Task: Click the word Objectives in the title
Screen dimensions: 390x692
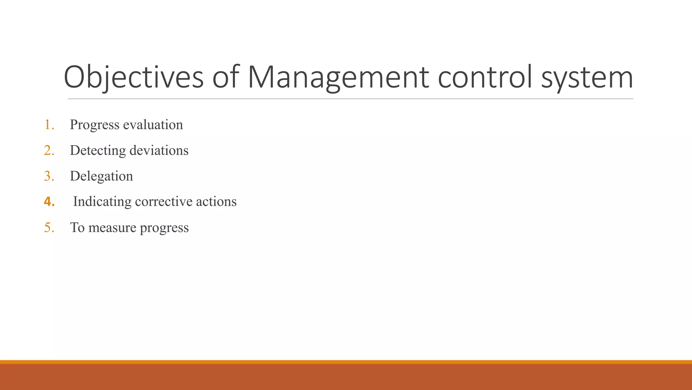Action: point(133,78)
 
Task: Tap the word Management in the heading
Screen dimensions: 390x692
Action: point(338,78)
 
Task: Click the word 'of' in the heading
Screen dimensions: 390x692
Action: point(226,78)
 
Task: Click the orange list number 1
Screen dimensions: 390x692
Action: point(49,125)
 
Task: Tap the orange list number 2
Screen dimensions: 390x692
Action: point(49,151)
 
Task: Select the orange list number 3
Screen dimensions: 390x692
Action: point(49,176)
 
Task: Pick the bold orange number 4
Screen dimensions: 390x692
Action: point(49,202)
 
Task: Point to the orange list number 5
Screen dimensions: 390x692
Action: point(49,228)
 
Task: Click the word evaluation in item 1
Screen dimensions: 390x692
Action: point(153,125)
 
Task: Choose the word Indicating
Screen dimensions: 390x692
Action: point(102,202)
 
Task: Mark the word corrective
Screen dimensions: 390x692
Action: point(164,202)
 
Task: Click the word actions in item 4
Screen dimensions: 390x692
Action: point(216,202)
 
